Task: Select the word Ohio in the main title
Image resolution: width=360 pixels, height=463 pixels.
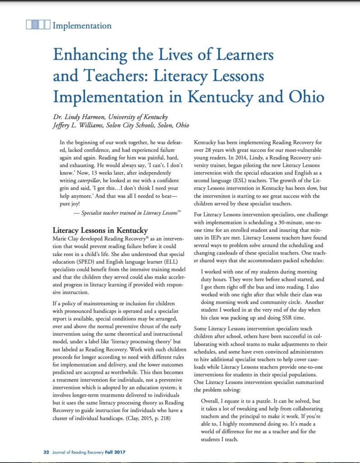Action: pyautogui.click(x=304, y=97)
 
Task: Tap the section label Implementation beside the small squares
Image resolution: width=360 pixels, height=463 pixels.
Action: pyautogui.click(x=82, y=25)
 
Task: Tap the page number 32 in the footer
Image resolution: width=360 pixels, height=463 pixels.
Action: pyautogui.click(x=46, y=452)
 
